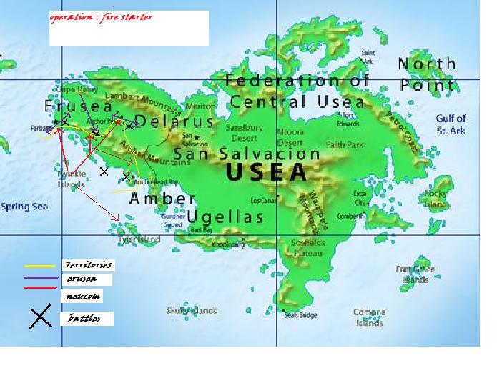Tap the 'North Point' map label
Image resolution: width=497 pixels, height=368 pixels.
[428, 74]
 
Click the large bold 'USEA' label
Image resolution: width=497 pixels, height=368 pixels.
[265, 172]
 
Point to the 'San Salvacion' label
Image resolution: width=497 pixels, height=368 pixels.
[247, 154]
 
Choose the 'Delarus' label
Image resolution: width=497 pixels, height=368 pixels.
[174, 121]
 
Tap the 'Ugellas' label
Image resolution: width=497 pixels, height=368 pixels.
[226, 216]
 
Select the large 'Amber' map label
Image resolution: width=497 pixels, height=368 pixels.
[162, 199]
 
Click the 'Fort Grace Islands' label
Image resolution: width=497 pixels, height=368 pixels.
[415, 274]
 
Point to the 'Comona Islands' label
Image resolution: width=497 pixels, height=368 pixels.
[369, 317]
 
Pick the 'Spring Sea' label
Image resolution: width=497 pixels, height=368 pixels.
[24, 207]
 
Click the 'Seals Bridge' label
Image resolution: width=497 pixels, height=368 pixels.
[300, 315]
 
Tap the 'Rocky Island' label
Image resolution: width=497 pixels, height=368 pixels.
[436, 198]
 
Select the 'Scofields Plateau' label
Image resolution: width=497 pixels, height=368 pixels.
[308, 247]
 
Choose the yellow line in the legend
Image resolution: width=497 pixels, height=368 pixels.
[41, 266]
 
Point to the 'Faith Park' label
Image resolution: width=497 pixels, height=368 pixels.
[345, 144]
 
